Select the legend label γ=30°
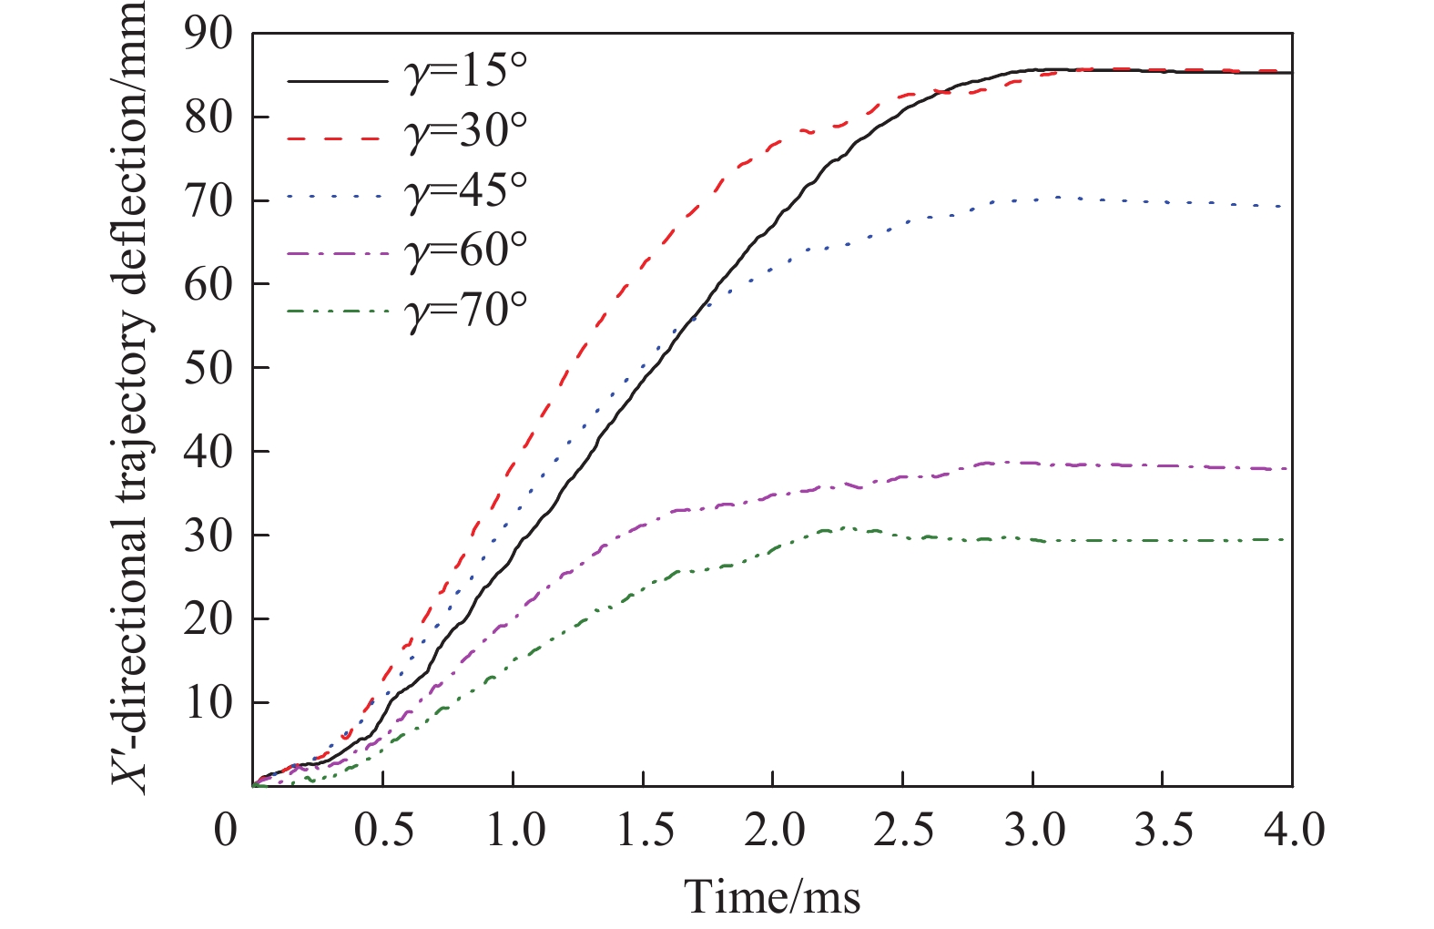click(465, 132)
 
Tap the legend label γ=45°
click(465, 191)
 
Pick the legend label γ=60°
click(465, 250)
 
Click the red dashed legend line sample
click(337, 138)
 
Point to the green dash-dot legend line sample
click(337, 312)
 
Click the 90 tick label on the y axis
click(208, 35)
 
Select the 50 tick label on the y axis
click(208, 368)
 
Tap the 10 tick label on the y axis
click(208, 702)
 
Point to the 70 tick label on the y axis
click(208, 201)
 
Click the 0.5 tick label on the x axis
click(383, 831)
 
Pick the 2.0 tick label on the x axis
click(773, 831)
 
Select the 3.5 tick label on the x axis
click(1163, 831)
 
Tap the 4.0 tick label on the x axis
click(1292, 831)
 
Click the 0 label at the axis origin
click(225, 831)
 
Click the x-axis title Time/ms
click(772, 896)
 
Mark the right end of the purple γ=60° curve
click(1290, 469)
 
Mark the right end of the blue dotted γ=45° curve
click(1290, 207)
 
